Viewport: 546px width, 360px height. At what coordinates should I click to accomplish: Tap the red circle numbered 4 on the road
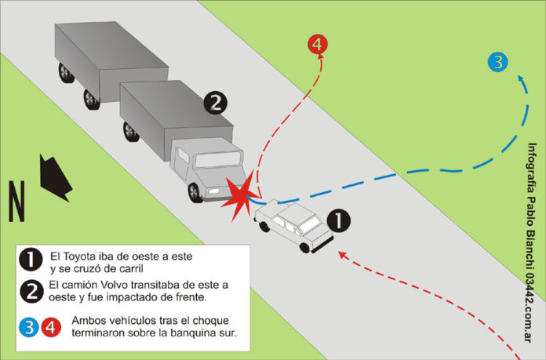click(x=318, y=45)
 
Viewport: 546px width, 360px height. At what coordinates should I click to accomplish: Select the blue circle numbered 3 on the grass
click(x=497, y=61)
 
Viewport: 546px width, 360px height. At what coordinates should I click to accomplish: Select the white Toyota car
click(x=291, y=223)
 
